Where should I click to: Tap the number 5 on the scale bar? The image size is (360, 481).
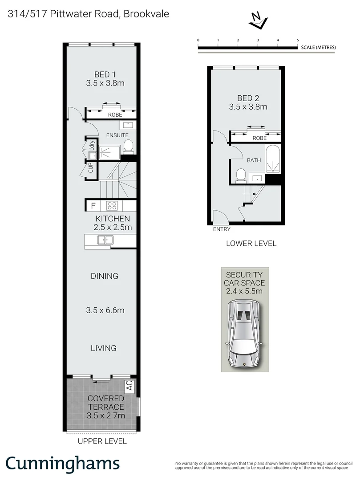[x=298, y=40]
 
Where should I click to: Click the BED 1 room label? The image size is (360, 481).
[x=105, y=74]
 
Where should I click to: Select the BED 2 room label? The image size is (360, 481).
[x=248, y=98]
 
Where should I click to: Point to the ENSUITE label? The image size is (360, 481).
[x=117, y=135]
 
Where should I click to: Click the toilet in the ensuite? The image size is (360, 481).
[x=128, y=146]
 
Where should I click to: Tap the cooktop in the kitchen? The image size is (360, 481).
[x=112, y=206]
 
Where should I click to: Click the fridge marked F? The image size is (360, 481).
[x=93, y=206]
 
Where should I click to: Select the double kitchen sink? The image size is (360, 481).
[x=106, y=240]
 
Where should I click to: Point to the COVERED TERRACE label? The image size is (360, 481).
[x=105, y=403]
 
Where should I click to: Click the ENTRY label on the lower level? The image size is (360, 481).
[x=222, y=229]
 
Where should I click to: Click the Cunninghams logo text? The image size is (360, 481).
[x=63, y=463]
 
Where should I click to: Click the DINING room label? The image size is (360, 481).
[x=105, y=276]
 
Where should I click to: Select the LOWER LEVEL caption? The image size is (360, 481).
[x=251, y=244]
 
